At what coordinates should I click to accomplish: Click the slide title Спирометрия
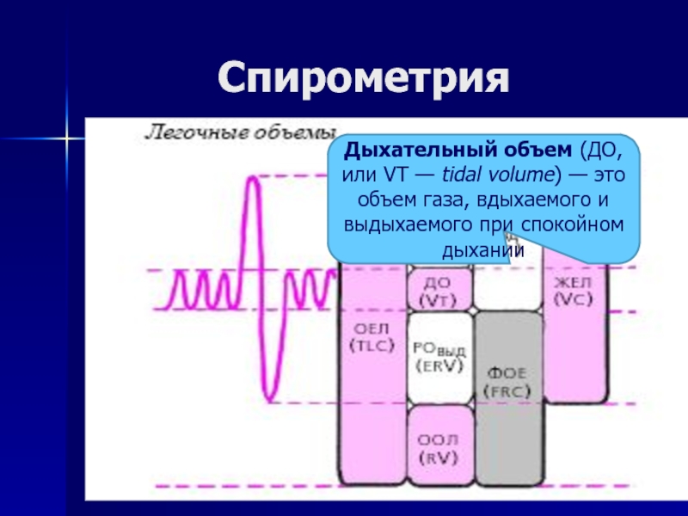(x=362, y=78)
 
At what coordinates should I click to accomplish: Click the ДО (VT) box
(x=439, y=291)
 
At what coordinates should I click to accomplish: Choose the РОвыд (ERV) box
(x=439, y=356)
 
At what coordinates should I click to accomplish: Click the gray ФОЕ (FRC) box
(x=509, y=383)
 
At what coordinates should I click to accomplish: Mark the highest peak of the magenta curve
(x=253, y=179)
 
